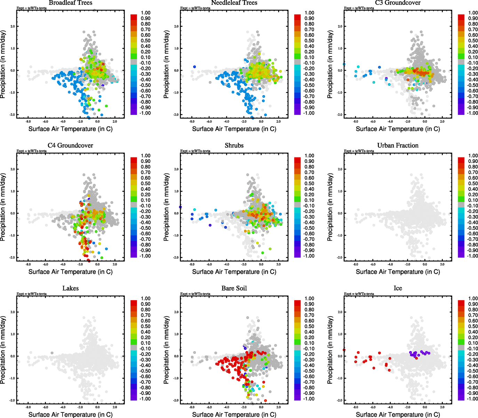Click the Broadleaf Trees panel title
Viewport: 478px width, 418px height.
(x=71, y=3)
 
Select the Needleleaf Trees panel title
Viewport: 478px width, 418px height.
(x=234, y=3)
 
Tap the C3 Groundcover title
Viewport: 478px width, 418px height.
(x=398, y=3)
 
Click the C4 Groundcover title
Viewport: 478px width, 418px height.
(x=70, y=146)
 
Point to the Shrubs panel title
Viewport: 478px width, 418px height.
(x=234, y=146)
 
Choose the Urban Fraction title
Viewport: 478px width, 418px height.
(x=398, y=146)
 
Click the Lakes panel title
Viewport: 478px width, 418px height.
(x=71, y=288)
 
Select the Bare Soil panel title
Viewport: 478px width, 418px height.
(x=234, y=288)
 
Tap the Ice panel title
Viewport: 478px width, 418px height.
(x=398, y=288)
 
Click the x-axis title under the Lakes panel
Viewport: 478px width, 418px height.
(x=71, y=415)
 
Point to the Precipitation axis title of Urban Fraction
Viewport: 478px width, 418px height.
(x=330, y=207)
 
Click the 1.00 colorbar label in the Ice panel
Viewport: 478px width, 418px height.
(x=473, y=299)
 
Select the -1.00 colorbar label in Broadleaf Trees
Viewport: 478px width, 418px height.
(x=145, y=113)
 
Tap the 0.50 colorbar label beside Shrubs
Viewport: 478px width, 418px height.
(x=309, y=184)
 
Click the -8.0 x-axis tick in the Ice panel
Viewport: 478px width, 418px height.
(x=356, y=407)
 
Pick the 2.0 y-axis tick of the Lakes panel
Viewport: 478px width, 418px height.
(x=13, y=312)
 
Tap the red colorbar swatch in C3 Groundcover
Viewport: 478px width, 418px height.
(x=461, y=17)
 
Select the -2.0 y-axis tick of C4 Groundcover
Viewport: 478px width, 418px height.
(x=12, y=258)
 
